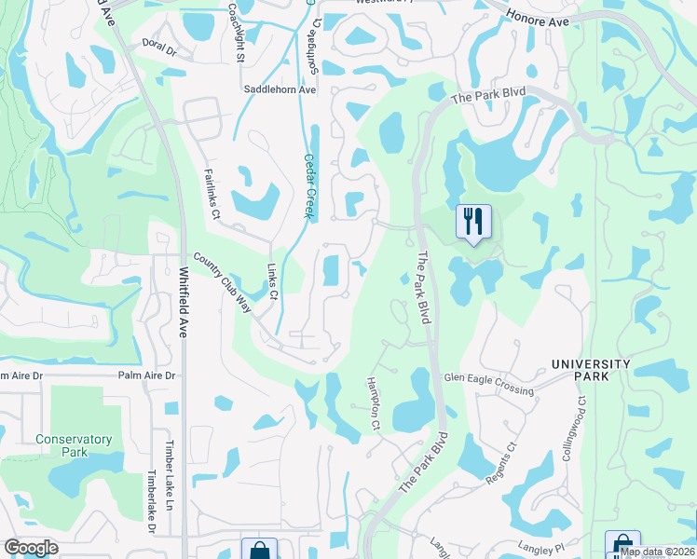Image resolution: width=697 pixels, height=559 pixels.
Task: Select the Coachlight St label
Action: click(239, 33)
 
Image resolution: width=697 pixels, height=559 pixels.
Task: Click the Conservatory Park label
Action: click(74, 445)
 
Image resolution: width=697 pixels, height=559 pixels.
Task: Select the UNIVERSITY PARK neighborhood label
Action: click(591, 370)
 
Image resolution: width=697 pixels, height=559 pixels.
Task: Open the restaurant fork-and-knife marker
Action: click(473, 222)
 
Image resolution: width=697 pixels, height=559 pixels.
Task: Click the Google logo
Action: click(31, 547)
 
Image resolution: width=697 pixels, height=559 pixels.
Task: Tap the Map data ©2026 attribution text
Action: click(657, 551)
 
